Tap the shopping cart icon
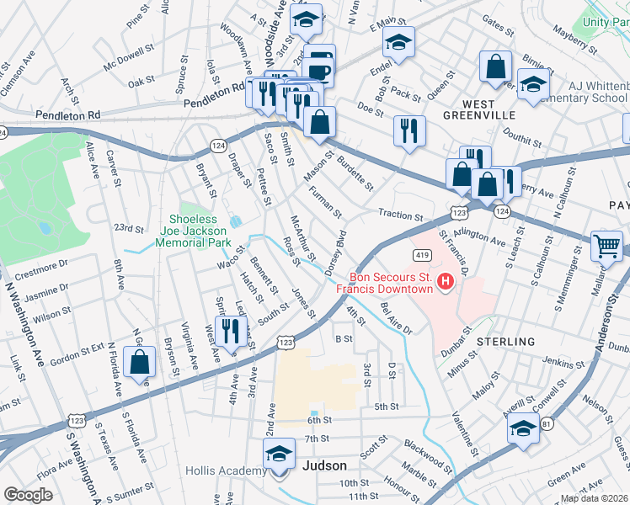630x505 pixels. [606, 246]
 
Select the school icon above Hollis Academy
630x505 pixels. [279, 454]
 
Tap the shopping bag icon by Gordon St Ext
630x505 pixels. [139, 363]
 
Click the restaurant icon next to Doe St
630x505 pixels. [409, 130]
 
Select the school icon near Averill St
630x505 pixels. [523, 428]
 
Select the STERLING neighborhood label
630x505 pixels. [505, 342]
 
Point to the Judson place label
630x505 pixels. [324, 465]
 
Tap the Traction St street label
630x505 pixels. [401, 215]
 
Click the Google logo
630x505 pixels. [29, 494]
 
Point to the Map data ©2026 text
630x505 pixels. [594, 498]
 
